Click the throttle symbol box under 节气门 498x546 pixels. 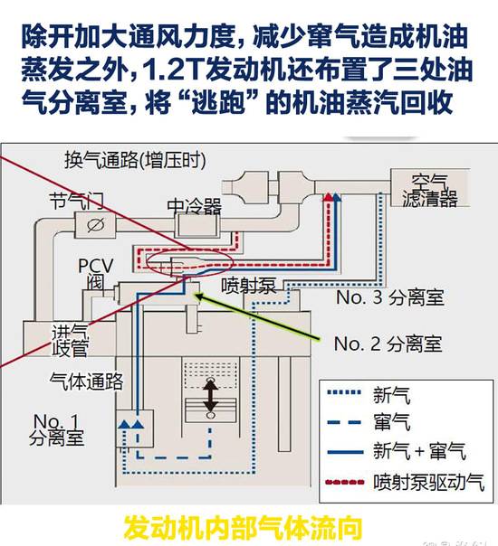coord(95,225)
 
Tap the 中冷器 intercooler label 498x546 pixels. coord(195,206)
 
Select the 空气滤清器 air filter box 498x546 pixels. coord(430,188)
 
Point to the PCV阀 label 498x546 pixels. coord(95,274)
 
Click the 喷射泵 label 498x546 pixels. coord(248,286)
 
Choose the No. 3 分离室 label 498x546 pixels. coord(390,297)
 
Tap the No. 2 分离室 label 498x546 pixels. coord(388,344)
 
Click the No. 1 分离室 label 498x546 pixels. coord(56,429)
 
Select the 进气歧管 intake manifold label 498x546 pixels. coord(70,341)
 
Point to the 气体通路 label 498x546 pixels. coord(86,381)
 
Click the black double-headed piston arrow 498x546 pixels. coord(210,396)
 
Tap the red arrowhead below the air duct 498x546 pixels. coord(328,197)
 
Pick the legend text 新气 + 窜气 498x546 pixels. coord(419,451)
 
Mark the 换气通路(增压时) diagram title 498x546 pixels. coord(135,160)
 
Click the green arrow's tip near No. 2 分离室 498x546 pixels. coord(196,296)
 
